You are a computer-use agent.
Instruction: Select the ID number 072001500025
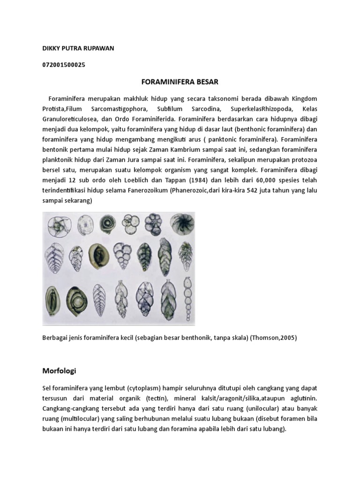[64, 65]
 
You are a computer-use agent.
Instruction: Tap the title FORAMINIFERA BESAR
[180, 82]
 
